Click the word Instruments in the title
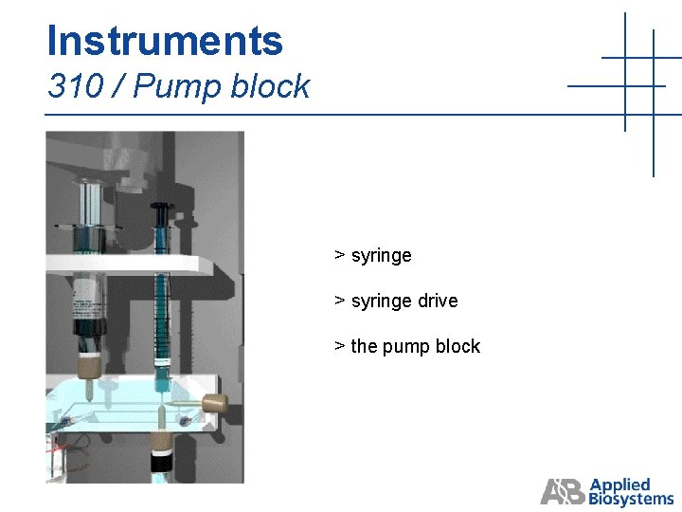pos(165,41)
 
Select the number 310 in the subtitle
pos(75,87)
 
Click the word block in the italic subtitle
pos(271,87)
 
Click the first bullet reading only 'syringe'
pos(381,256)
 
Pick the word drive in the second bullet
pos(437,302)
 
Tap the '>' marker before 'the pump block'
pos(339,347)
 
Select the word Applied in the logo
pos(619,485)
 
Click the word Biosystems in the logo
pos(631,499)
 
